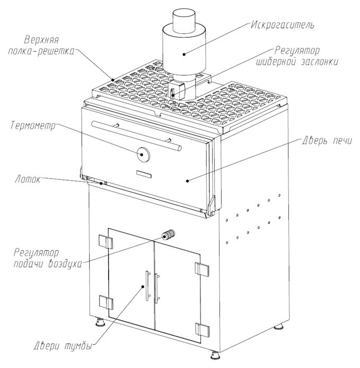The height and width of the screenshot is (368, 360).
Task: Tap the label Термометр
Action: coord(31,125)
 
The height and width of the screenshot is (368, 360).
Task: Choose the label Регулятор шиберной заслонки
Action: coord(306,57)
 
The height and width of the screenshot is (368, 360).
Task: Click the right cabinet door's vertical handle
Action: coord(156,289)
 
